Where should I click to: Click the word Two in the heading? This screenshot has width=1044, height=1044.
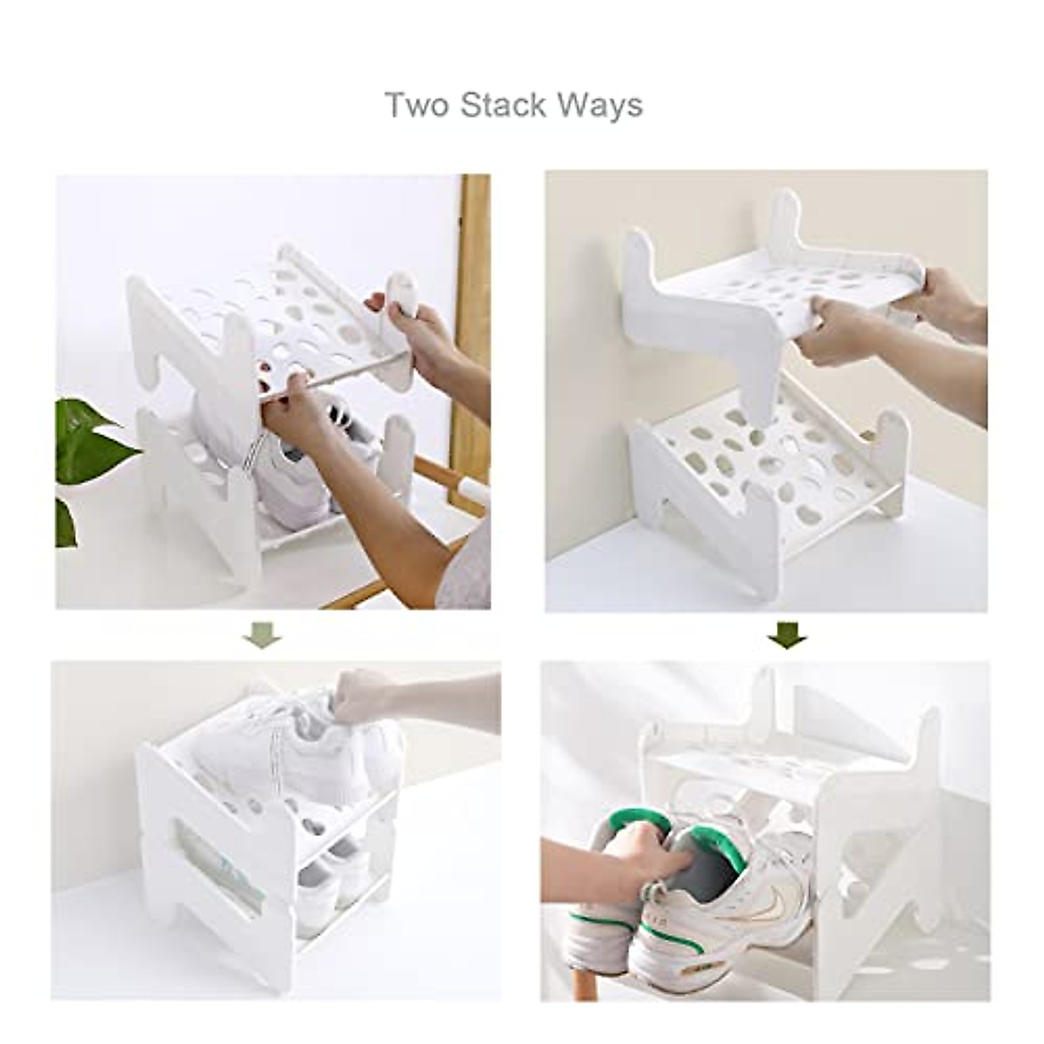[416, 104]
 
